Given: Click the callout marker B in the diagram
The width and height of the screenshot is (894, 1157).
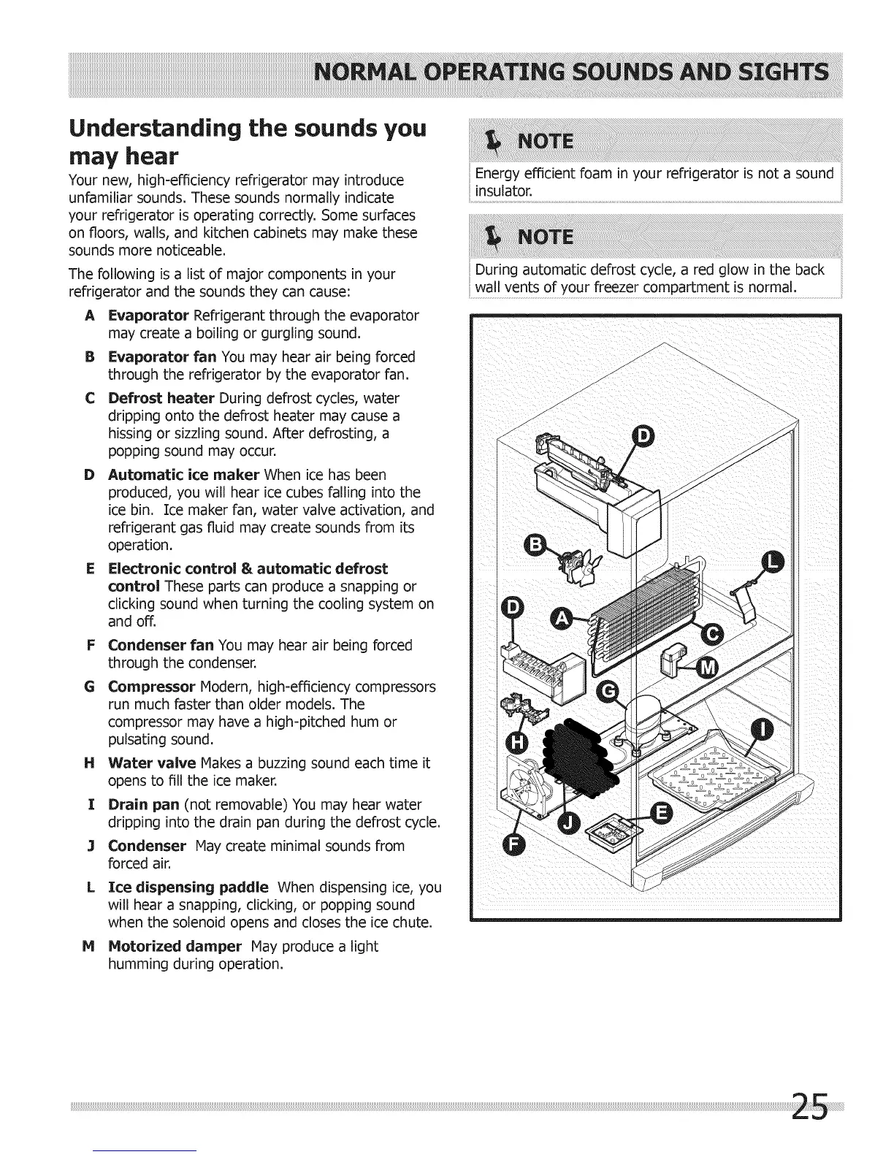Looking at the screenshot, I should [537, 546].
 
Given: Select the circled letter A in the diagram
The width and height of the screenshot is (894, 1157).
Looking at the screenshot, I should [561, 619].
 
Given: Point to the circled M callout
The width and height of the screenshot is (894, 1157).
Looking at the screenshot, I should [706, 667].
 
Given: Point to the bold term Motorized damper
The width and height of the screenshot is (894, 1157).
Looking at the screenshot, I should [175, 947].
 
